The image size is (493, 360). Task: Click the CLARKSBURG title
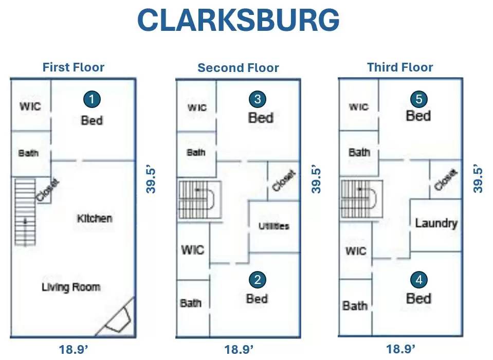(x=239, y=20)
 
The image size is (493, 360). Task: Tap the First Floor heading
(x=74, y=67)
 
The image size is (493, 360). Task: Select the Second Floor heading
(x=238, y=68)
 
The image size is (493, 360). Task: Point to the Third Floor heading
(x=400, y=67)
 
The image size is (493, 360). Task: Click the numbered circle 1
(x=92, y=99)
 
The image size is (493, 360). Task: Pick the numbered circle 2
(x=258, y=279)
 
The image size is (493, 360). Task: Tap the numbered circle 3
(x=258, y=99)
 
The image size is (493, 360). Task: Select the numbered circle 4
(x=419, y=279)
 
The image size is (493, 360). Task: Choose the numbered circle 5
(x=419, y=99)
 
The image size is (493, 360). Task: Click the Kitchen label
(x=95, y=219)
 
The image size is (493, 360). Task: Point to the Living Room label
(x=71, y=287)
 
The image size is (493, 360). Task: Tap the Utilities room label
(x=274, y=226)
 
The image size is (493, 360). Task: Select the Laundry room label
(x=436, y=223)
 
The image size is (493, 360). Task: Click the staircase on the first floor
(x=25, y=212)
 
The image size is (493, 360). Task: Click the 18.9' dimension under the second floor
(x=239, y=350)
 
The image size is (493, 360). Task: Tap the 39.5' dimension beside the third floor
(x=478, y=179)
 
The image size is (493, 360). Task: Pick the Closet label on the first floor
(x=47, y=190)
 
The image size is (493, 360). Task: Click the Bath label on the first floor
(x=28, y=153)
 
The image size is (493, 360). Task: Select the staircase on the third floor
(x=362, y=200)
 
